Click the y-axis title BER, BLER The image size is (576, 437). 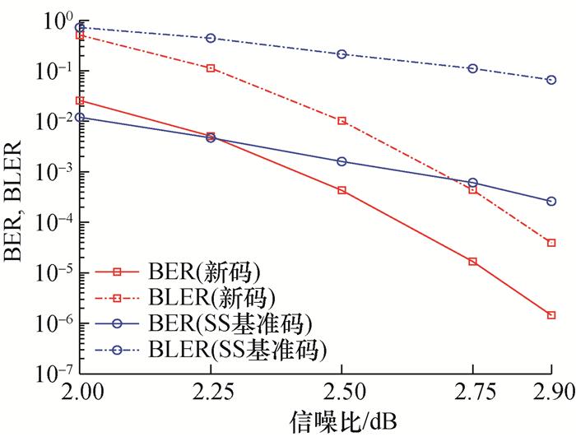point(17,198)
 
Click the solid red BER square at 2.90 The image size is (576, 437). point(551,315)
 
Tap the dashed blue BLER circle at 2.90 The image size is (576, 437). point(551,80)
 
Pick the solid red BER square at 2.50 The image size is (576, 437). point(341,190)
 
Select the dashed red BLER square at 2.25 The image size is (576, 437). point(211,68)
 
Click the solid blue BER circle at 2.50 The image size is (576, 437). point(341,161)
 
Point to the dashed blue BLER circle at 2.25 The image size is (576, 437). point(211,38)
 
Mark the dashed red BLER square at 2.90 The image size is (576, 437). point(551,243)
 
